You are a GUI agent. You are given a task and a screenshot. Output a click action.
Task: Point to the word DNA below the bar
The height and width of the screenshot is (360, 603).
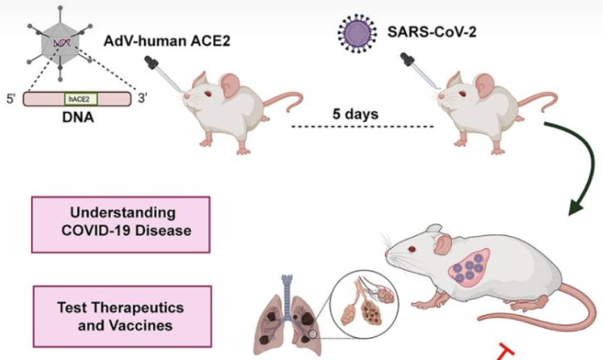[77, 116]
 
